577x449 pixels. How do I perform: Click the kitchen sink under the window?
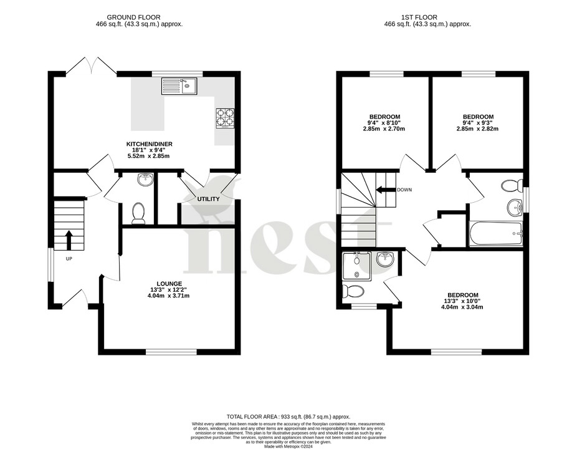(179, 85)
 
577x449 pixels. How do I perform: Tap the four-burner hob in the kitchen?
(224, 117)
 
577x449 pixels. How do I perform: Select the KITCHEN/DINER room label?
(150, 144)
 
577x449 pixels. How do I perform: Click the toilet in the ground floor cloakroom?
(138, 213)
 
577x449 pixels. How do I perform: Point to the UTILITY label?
(208, 199)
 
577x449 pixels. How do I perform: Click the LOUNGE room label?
(169, 284)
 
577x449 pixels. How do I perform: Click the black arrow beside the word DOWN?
(385, 190)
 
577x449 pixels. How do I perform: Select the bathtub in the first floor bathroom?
(496, 233)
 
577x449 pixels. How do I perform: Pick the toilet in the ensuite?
(356, 291)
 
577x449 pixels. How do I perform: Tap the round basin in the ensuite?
(384, 259)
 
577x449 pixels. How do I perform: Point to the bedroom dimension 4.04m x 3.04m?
(462, 307)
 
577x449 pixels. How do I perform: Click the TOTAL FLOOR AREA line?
(288, 417)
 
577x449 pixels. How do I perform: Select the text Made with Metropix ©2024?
(288, 446)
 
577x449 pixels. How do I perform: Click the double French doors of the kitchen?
(91, 66)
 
